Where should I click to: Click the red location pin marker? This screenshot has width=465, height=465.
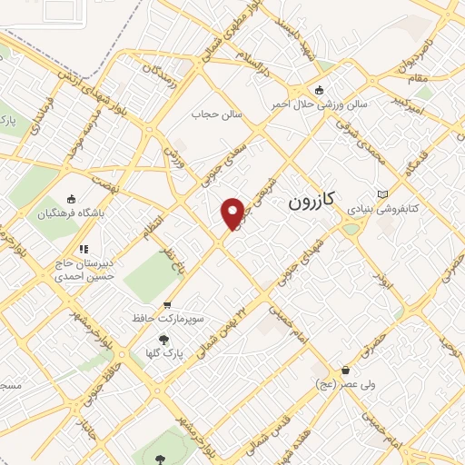[232, 213]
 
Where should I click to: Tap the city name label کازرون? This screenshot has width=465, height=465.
[313, 201]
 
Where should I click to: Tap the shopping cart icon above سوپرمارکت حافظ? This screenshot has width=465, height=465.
[166, 305]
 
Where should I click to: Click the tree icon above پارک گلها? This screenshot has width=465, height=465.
[163, 337]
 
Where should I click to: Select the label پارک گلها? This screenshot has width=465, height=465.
[165, 351]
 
